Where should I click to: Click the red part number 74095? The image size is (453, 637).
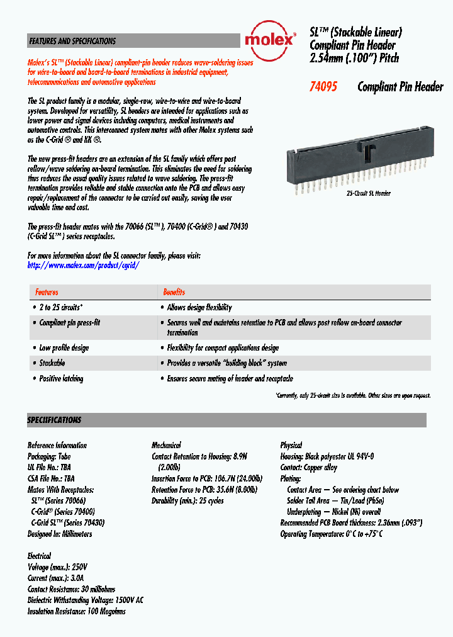coord(323,87)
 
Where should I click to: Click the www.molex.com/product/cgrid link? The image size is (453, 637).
coord(83,266)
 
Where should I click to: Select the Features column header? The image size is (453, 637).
coord(47,292)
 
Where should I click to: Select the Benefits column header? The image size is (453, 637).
coord(174,292)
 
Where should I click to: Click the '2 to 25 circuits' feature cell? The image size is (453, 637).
coord(61,308)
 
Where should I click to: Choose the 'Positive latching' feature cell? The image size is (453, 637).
coord(61,379)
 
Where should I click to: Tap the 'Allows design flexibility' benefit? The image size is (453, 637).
coord(199,308)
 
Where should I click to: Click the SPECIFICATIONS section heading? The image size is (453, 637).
coord(54,420)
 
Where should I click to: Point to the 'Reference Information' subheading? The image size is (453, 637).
coord(57,445)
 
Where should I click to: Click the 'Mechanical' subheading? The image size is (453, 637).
coord(166,445)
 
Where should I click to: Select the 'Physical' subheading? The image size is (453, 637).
coord(291,445)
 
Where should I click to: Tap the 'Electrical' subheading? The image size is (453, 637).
coord(39,556)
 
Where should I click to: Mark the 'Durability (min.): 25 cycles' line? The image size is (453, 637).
coord(187,501)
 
